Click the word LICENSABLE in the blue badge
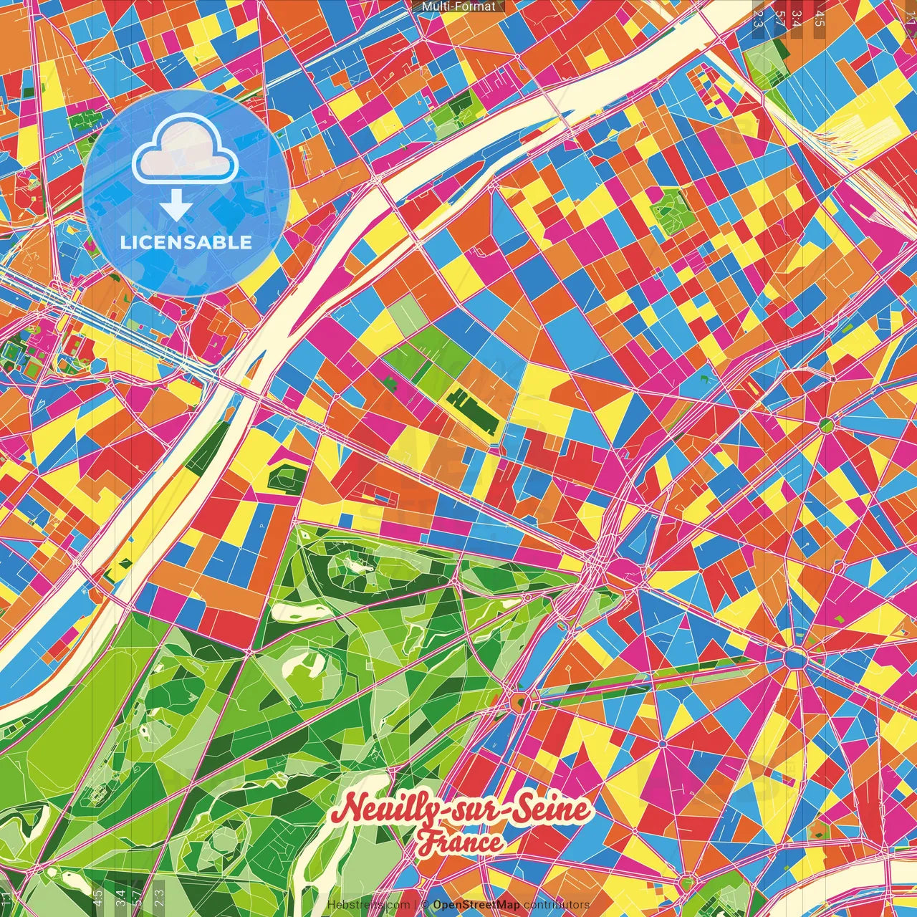[186, 242]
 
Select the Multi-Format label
[458, 6]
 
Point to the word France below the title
[461, 842]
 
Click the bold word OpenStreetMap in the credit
[476, 905]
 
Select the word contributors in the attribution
[557, 905]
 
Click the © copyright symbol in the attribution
[425, 905]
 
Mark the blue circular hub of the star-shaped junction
[794, 658]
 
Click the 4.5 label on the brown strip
[820, 18]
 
